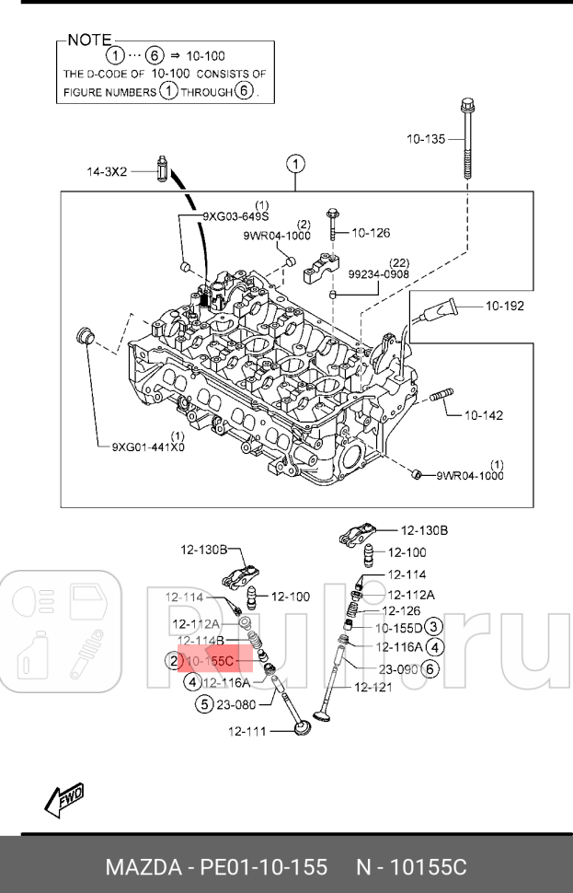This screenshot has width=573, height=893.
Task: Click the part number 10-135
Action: (x=426, y=139)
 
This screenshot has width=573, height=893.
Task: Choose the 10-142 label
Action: (x=482, y=415)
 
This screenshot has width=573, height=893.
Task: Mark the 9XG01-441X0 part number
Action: (x=148, y=447)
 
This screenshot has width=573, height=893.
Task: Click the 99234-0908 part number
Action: (x=379, y=274)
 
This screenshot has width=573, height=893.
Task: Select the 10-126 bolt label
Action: (x=371, y=233)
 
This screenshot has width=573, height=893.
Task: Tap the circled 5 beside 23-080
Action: (x=204, y=705)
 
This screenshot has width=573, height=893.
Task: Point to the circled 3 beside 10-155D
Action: (x=435, y=628)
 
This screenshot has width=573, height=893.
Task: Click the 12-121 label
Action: (x=373, y=687)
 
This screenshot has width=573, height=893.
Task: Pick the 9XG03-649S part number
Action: (x=235, y=216)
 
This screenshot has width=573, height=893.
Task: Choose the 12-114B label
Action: (x=201, y=641)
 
